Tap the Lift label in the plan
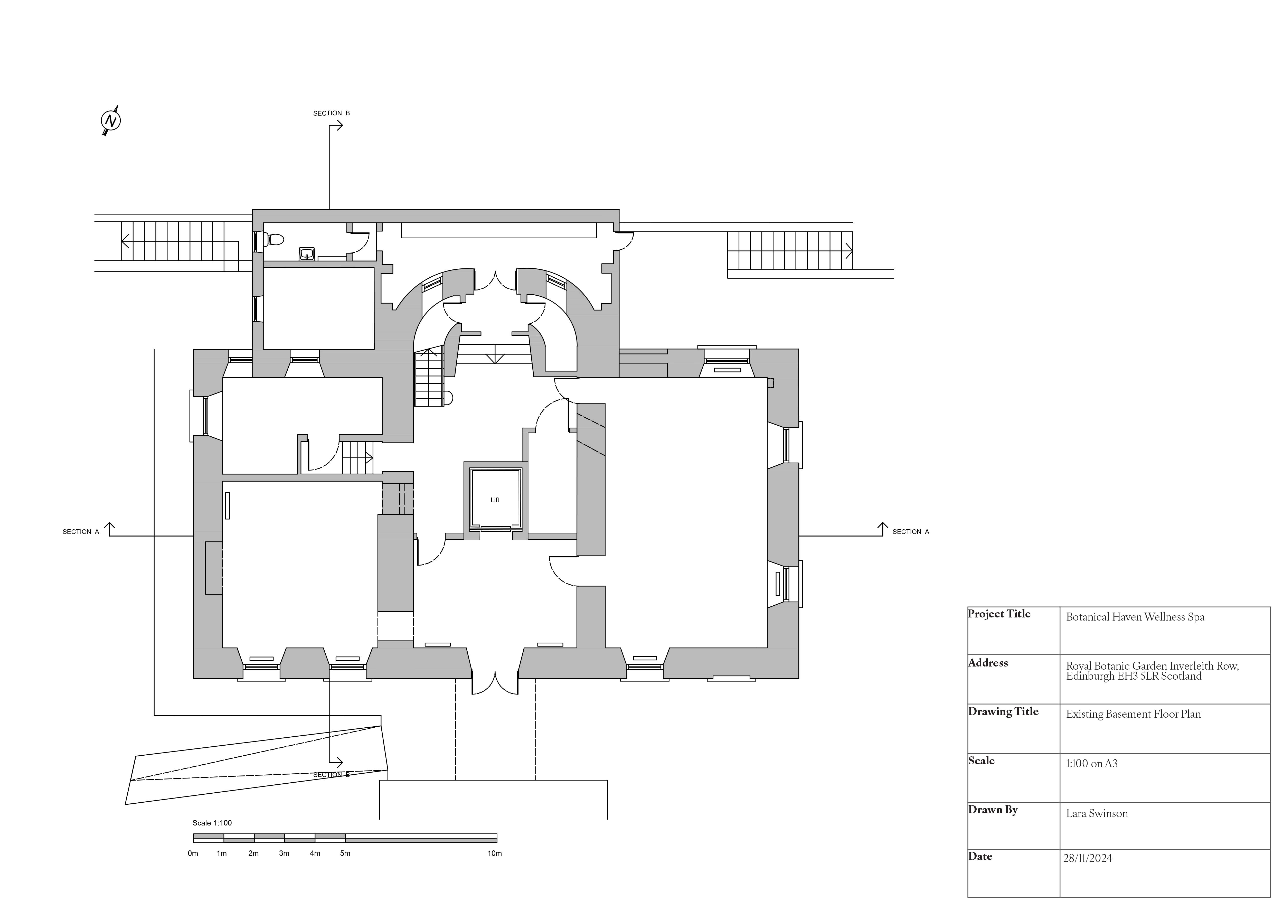tap(495, 500)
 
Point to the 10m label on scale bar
tap(494, 853)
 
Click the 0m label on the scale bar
tap(193, 853)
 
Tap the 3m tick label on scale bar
tap(284, 853)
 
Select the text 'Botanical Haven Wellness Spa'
tap(1135, 617)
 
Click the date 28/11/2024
tap(1088, 858)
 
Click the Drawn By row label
tap(993, 810)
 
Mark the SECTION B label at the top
tap(331, 113)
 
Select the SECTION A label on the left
tap(80, 531)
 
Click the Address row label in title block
tap(988, 663)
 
